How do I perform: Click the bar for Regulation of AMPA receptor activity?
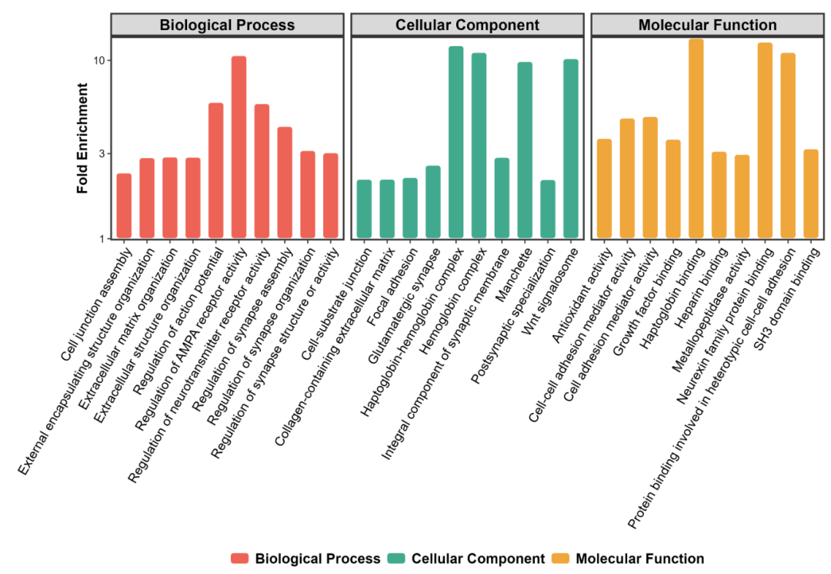(x=239, y=147)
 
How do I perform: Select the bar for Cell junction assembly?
(x=124, y=206)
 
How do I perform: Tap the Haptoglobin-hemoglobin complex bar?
(x=456, y=143)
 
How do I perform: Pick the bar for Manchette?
(x=525, y=150)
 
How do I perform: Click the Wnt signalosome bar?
(x=571, y=149)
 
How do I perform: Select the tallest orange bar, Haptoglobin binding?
(x=696, y=139)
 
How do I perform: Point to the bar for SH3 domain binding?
(x=811, y=193)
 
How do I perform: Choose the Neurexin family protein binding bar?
(x=765, y=140)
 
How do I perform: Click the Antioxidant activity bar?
(x=604, y=188)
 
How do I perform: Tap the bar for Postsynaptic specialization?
(x=548, y=209)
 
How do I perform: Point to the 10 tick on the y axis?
(x=108, y=60)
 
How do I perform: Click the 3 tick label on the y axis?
(x=102, y=153)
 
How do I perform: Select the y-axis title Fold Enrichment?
(x=82, y=138)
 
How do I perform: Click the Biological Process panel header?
(x=227, y=25)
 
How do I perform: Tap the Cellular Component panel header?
(x=468, y=25)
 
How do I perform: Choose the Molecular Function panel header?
(x=708, y=25)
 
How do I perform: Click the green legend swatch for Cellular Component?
(x=396, y=558)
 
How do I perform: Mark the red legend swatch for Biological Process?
(x=239, y=558)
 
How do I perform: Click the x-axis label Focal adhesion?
(x=392, y=287)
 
